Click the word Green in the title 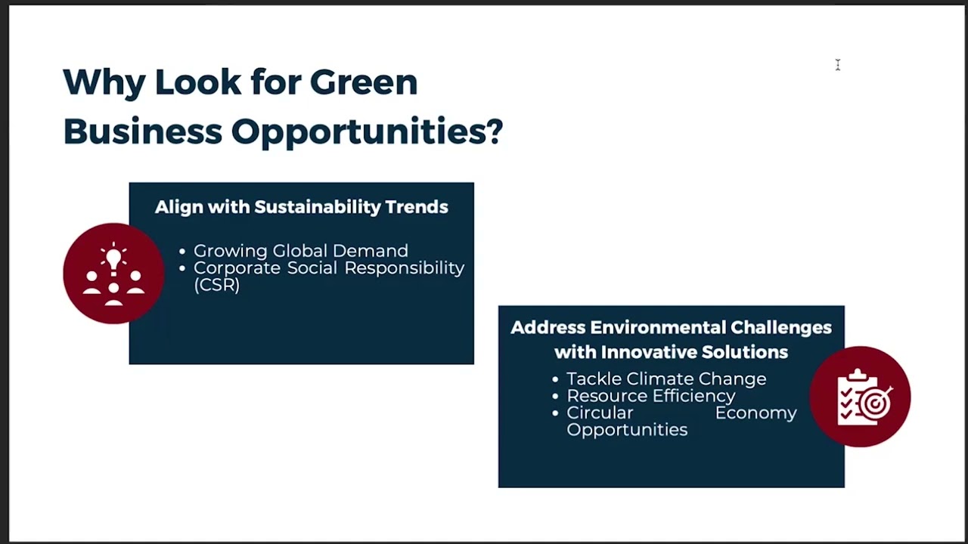click(x=363, y=82)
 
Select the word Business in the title click(x=142, y=131)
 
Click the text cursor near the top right click(x=838, y=66)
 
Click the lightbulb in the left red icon click(x=114, y=259)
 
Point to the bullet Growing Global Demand click(x=300, y=251)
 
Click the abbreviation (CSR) click(x=216, y=285)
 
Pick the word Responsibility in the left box click(x=404, y=268)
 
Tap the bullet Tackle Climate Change click(x=665, y=379)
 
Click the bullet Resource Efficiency click(x=650, y=396)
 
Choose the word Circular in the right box click(x=600, y=413)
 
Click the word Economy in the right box click(x=755, y=413)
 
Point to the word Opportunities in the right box click(x=627, y=430)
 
